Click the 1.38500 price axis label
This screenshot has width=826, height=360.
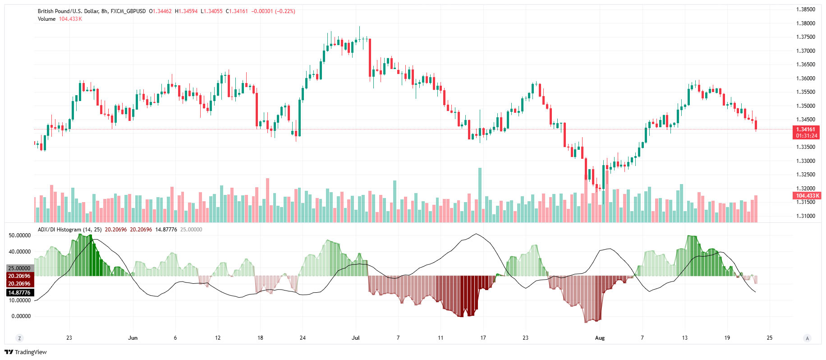pos(805,9)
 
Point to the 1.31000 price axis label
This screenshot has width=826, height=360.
pos(805,216)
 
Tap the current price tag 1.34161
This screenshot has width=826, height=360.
pos(806,129)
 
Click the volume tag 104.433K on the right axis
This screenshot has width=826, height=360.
pos(807,196)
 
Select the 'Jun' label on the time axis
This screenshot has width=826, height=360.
pos(133,338)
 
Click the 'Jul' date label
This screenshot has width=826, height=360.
pos(356,338)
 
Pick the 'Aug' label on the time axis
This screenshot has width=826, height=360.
pos(600,338)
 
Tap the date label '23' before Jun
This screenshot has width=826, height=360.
pos(69,338)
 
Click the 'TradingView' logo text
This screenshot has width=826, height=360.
pos(31,352)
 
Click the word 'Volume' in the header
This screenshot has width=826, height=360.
pos(46,19)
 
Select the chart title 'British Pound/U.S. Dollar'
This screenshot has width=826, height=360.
pos(68,11)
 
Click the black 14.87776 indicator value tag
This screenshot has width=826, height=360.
pos(19,293)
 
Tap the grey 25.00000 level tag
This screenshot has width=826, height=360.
pos(19,268)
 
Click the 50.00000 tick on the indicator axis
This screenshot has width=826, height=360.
pos(20,235)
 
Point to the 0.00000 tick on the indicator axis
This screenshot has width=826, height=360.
pos(21,316)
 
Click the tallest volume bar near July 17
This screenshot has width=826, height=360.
pos(480,195)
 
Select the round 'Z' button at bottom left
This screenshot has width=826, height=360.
pos(19,338)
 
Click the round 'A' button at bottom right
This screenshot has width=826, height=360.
pos(807,338)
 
